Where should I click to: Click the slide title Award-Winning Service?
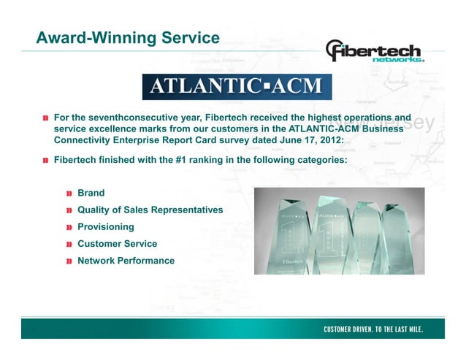point(128,37)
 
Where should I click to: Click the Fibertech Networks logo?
point(374,52)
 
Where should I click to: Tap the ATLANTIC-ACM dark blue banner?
point(236,86)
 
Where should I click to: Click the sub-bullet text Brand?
point(91,194)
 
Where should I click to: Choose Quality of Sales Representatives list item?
point(150,210)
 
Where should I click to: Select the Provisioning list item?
point(105,227)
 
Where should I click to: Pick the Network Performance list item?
point(126,261)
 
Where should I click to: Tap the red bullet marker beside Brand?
point(69,194)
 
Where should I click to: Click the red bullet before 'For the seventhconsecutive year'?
point(46,118)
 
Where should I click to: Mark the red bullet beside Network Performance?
point(69,261)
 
